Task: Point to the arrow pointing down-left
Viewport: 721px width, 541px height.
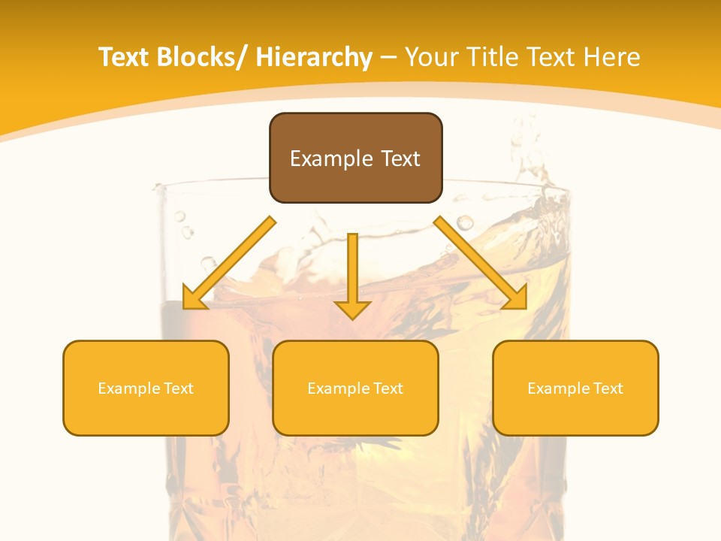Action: pyautogui.click(x=228, y=263)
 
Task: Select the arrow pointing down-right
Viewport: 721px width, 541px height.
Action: pyautogui.click(x=481, y=263)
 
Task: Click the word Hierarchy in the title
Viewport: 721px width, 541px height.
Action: pyautogui.click(x=314, y=57)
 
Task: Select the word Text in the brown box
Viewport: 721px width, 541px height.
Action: pyautogui.click(x=400, y=159)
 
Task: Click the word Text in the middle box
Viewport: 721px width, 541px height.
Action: pyautogui.click(x=388, y=388)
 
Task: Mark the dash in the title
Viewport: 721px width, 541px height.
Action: pyautogui.click(x=388, y=58)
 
